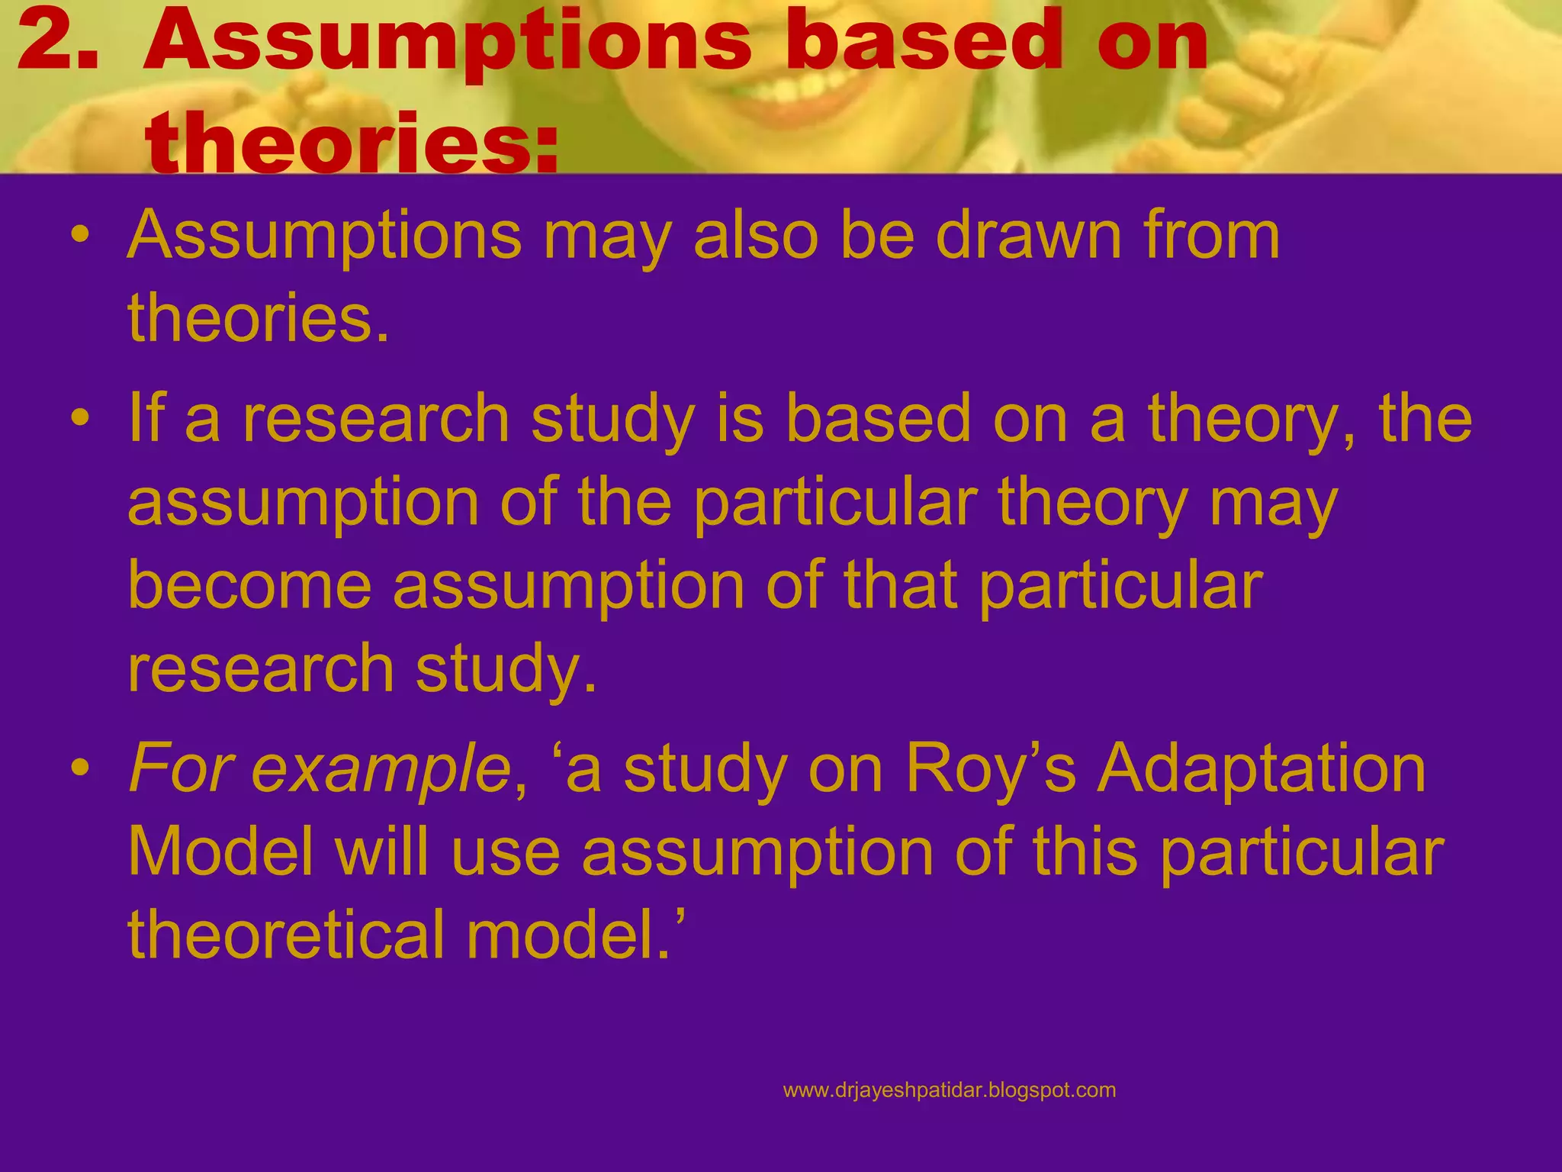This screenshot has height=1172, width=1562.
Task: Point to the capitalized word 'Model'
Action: pyautogui.click(x=220, y=852)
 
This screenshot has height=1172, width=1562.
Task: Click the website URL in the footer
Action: pyautogui.click(x=949, y=1090)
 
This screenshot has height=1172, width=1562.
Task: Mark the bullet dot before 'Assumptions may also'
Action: pyautogui.click(x=79, y=237)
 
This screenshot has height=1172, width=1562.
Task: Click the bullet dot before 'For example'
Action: pyautogui.click(x=79, y=770)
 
